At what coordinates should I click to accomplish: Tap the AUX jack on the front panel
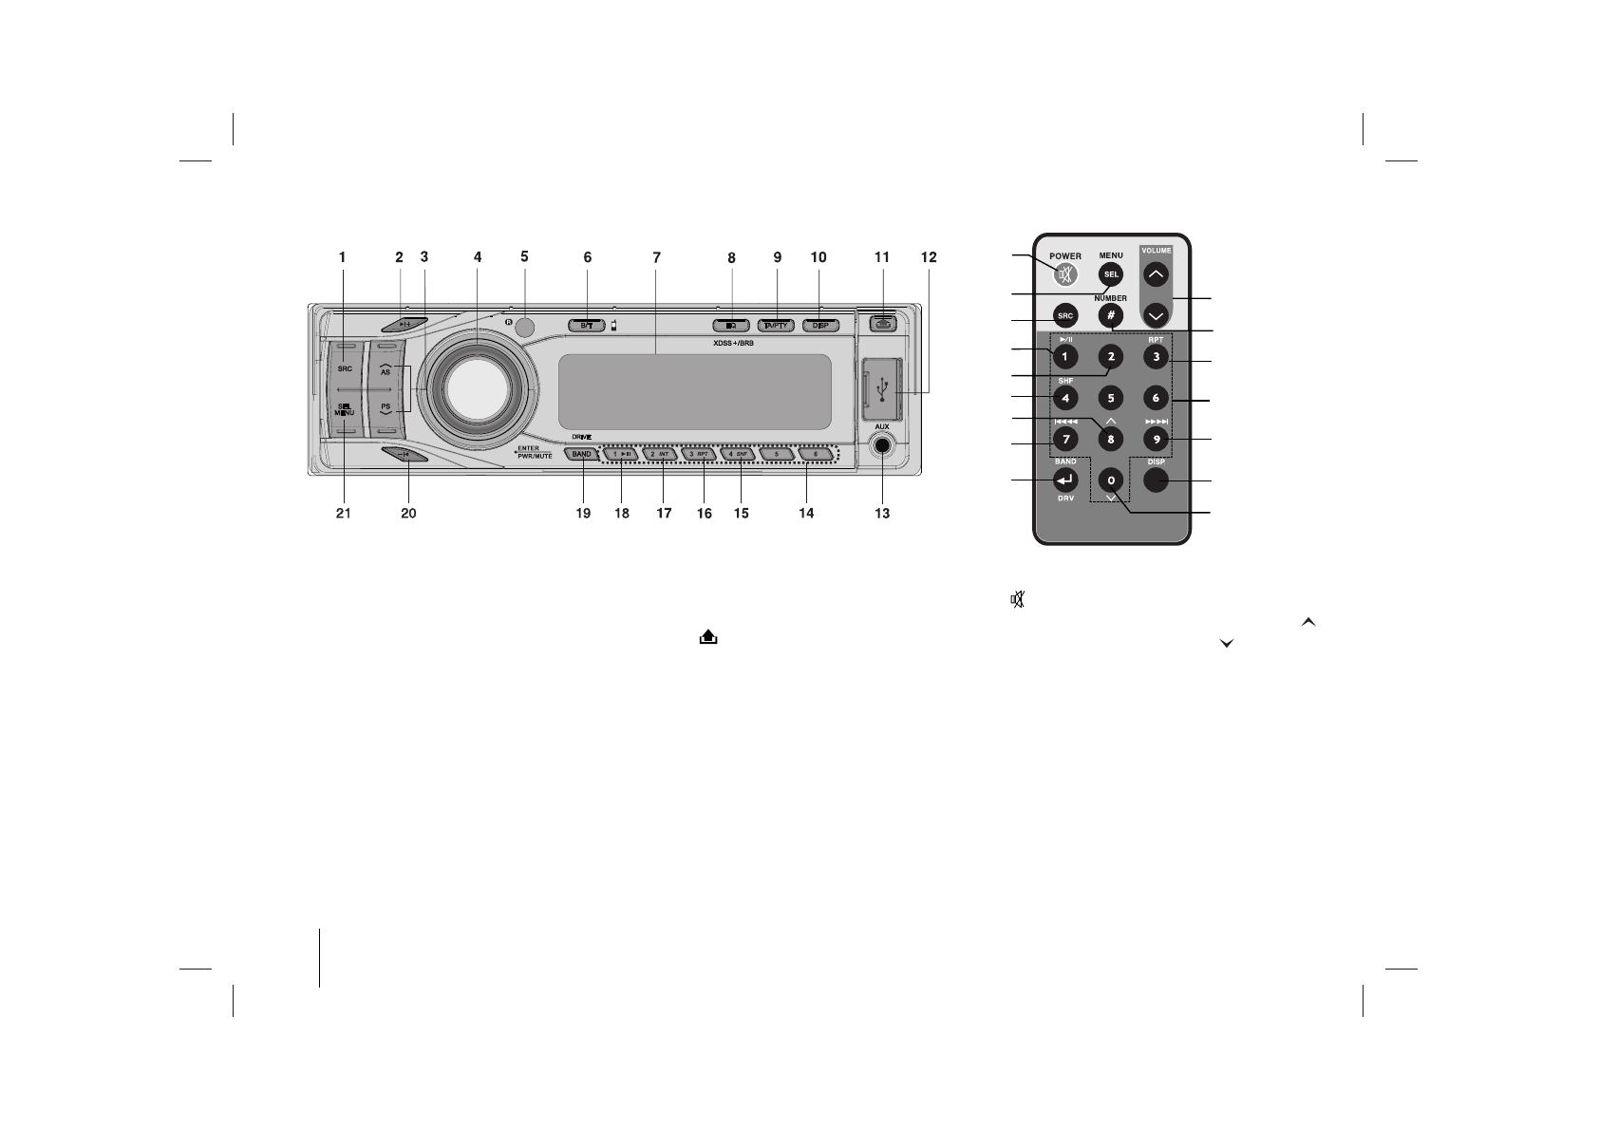[x=882, y=446]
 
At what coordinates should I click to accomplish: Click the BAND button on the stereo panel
[x=582, y=455]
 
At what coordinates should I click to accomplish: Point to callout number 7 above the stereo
[x=656, y=257]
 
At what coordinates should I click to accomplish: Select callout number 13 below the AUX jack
[x=882, y=514]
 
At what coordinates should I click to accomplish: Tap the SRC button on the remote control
[x=1065, y=315]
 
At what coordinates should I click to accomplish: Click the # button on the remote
[x=1110, y=315]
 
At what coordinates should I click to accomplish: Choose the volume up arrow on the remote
[x=1155, y=275]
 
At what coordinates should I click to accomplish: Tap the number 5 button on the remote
[x=1110, y=398]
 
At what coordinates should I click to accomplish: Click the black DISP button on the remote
[x=1155, y=481]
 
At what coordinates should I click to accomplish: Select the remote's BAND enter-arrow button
[x=1065, y=480]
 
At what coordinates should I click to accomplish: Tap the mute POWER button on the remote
[x=1065, y=274]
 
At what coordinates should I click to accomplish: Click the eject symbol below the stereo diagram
[x=707, y=639]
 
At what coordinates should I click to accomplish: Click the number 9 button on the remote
[x=1155, y=440]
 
